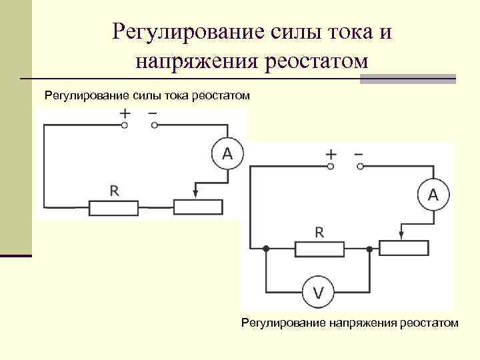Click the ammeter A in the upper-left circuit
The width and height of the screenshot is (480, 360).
(x=227, y=155)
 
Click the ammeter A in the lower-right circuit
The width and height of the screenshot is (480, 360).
(x=433, y=195)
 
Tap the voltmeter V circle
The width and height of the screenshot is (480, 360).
(x=319, y=291)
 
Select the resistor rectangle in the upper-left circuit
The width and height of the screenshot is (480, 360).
(x=114, y=207)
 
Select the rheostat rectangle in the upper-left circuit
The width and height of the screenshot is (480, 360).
(x=198, y=207)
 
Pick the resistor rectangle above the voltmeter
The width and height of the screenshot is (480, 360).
(x=320, y=249)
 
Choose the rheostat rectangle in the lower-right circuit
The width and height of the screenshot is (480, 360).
(x=404, y=249)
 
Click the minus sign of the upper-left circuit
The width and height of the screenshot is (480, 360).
(x=153, y=113)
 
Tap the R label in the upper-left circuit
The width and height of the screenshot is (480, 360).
(x=114, y=191)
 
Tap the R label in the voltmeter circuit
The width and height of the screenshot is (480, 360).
(x=319, y=232)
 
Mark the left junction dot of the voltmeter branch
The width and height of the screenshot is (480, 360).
(x=266, y=249)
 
